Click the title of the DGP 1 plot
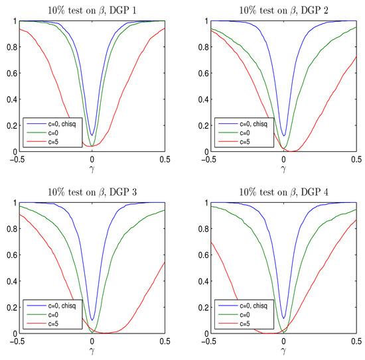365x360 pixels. (x=92, y=9)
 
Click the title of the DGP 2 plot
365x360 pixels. (x=283, y=9)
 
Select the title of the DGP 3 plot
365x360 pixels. (x=92, y=191)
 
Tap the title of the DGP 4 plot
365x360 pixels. (x=283, y=191)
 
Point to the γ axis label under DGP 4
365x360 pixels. (x=283, y=352)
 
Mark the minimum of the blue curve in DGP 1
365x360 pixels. (x=92, y=136)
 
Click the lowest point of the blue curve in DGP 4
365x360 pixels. (x=283, y=318)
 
